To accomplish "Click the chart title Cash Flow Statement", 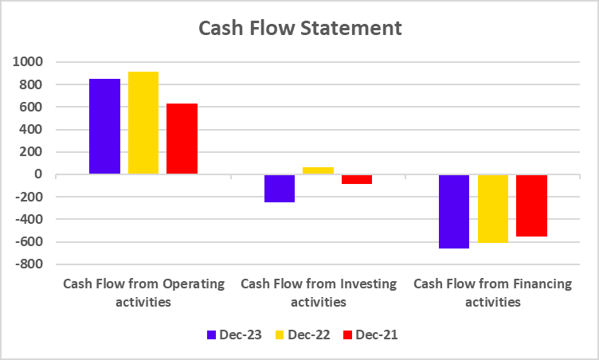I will [299, 29].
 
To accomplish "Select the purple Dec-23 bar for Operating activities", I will [104, 126].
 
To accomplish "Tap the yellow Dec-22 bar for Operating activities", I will [143, 123].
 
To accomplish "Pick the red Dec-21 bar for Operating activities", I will [182, 139].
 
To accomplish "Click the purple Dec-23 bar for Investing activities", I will [280, 189].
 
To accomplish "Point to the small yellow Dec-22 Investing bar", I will [319, 170].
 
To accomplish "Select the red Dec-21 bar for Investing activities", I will [357, 179].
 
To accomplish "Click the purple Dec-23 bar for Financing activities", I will [454, 211].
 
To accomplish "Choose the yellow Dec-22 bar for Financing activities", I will [493, 209].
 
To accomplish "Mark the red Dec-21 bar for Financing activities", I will [531, 205].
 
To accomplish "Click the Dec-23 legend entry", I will [231, 335].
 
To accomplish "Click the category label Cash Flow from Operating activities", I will [143, 292].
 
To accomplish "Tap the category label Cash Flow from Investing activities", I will [318, 292].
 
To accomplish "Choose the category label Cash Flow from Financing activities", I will [492, 292].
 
